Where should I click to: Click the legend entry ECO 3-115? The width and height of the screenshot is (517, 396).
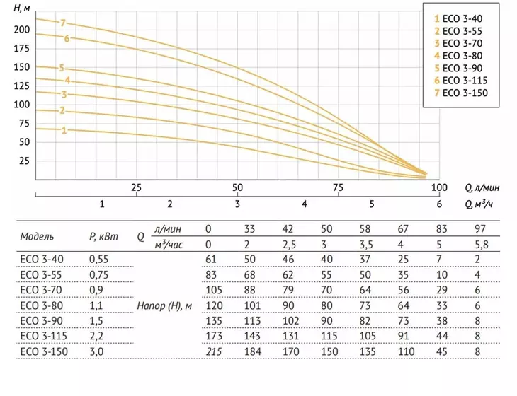tap(460, 81)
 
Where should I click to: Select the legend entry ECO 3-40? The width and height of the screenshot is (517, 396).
tap(458, 19)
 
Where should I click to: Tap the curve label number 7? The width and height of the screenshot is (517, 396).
tap(63, 23)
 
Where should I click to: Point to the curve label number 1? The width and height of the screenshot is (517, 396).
tap(64, 130)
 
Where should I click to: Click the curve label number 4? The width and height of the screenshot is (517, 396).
tap(67, 81)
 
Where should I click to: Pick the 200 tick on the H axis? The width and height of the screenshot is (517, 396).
tap(22, 30)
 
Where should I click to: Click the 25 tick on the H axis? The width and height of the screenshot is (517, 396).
tap(24, 161)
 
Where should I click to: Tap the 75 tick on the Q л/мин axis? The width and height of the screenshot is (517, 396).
tap(338, 187)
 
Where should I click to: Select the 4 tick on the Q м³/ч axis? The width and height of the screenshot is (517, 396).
tap(305, 204)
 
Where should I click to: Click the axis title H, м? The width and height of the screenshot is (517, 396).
tap(22, 8)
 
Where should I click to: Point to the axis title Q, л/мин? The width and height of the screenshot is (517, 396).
tap(482, 187)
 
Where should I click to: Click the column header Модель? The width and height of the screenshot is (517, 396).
tap(37, 236)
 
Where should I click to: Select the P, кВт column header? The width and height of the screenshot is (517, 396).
tap(103, 236)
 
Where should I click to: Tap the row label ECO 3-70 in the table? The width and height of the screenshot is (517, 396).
tap(42, 290)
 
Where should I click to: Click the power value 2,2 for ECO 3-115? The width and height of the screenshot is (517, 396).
tap(96, 336)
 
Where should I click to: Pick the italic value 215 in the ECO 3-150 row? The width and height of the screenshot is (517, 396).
tap(214, 351)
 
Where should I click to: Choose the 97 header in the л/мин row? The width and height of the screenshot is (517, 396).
tap(480, 229)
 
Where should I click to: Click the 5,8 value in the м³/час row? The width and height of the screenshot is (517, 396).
tap(481, 245)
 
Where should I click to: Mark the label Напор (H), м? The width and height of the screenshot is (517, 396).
tap(164, 305)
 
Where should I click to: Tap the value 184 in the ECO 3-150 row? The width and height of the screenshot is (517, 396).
tap(253, 351)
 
